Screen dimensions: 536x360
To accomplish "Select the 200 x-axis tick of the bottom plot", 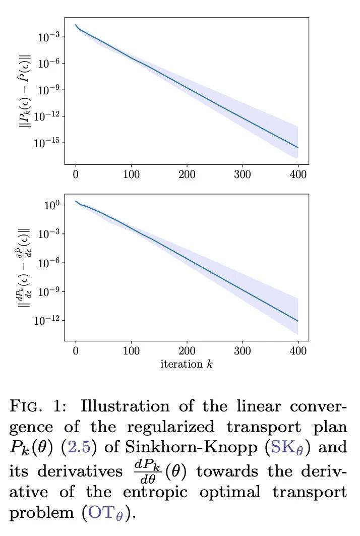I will pyautogui.click(x=187, y=352).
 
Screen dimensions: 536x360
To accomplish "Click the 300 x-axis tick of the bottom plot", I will pyautogui.click(x=242, y=352).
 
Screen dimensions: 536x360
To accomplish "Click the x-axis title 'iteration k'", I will pyautogui.click(x=187, y=364).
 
